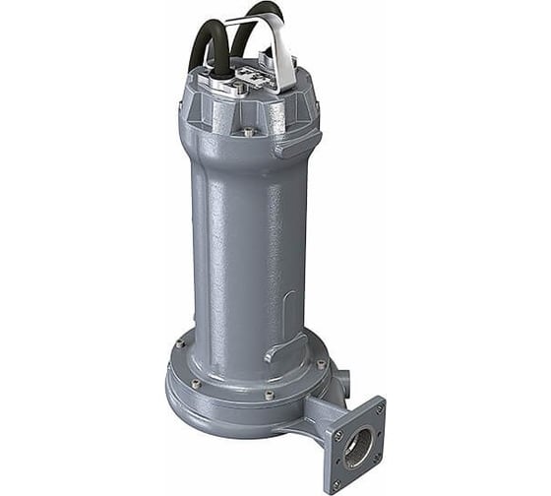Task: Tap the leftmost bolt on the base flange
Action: [179, 343]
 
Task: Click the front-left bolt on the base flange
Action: [196, 384]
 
